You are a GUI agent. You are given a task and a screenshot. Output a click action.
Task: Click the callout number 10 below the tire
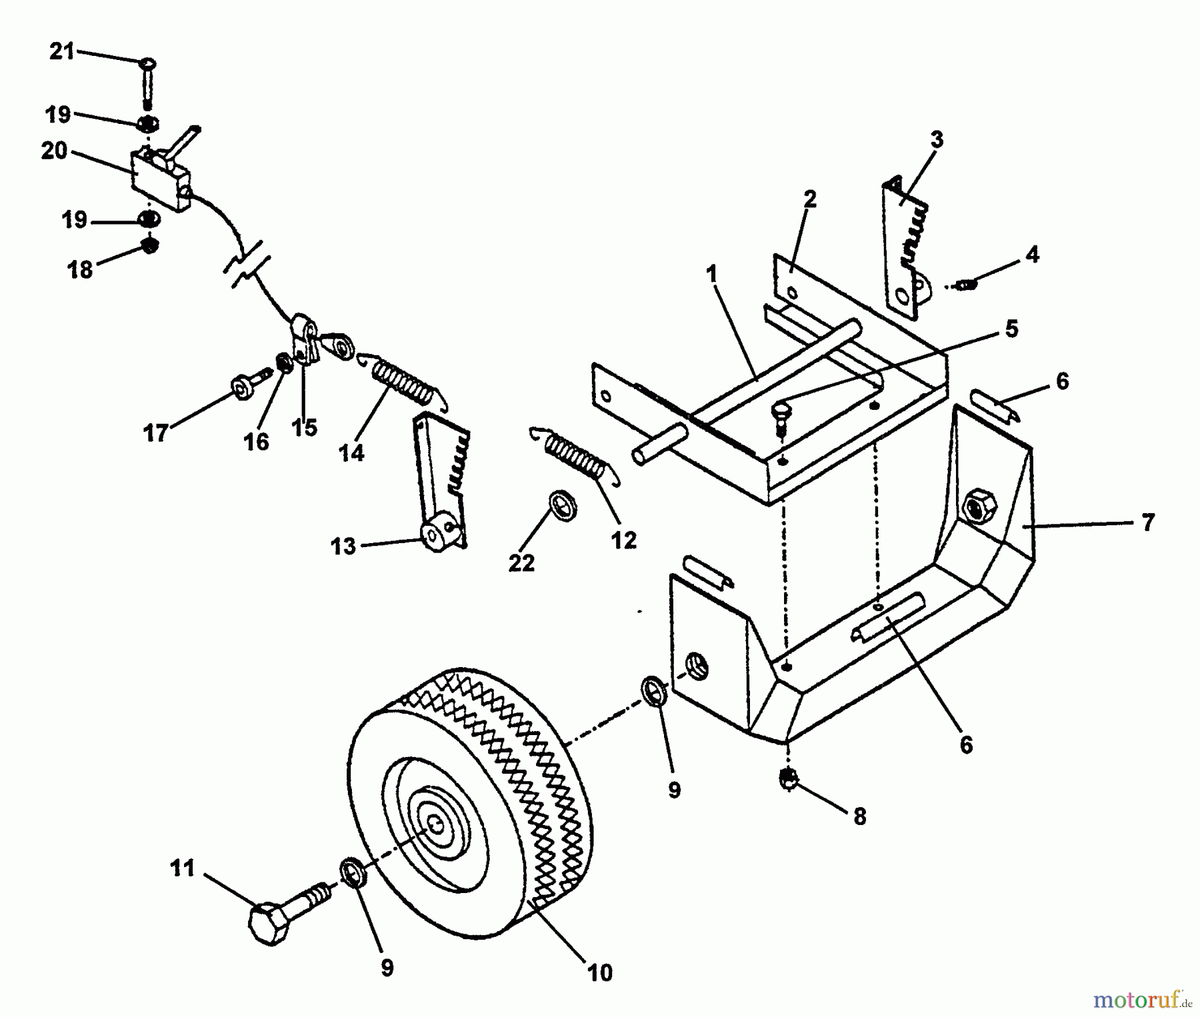point(600,973)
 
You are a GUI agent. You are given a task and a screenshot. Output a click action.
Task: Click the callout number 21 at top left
point(62,51)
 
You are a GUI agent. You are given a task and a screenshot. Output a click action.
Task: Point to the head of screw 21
point(147,65)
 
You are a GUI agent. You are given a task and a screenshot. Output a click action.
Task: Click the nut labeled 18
point(151,247)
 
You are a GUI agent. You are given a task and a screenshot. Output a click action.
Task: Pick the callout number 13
point(343,546)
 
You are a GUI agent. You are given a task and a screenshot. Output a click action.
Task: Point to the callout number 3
point(937,140)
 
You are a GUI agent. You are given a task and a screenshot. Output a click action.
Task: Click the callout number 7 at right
point(1147,522)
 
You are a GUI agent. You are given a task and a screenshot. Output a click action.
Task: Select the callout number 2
point(809,199)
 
